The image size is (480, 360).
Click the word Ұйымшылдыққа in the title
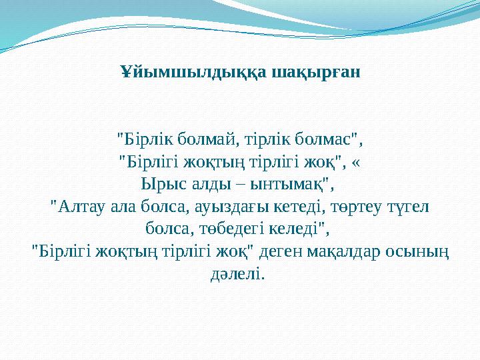point(193,71)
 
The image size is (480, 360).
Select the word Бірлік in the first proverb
point(142,139)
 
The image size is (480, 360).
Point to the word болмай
point(199,139)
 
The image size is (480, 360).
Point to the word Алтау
point(79,206)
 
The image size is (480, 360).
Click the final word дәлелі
point(237,274)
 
